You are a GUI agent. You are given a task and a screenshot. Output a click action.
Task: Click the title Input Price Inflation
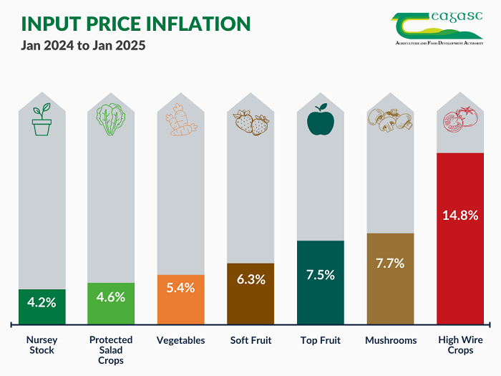136,24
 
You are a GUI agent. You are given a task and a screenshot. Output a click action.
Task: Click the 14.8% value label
460,215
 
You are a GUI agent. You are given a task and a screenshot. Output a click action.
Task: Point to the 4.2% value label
42,302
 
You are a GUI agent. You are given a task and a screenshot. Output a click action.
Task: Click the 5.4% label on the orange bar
180,287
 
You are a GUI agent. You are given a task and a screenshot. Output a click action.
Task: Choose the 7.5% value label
320,275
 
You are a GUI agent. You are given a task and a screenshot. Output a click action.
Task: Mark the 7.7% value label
390,264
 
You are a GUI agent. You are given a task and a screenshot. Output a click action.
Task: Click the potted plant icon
42,120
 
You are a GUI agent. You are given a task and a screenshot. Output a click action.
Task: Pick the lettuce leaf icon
111,120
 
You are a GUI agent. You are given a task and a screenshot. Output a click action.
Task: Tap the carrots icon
180,120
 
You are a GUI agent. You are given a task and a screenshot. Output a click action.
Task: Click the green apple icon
320,120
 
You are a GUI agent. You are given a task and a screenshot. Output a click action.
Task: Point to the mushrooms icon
390,120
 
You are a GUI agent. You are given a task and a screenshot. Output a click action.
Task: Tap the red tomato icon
459,120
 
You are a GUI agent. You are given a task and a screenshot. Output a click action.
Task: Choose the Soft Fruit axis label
250,340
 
